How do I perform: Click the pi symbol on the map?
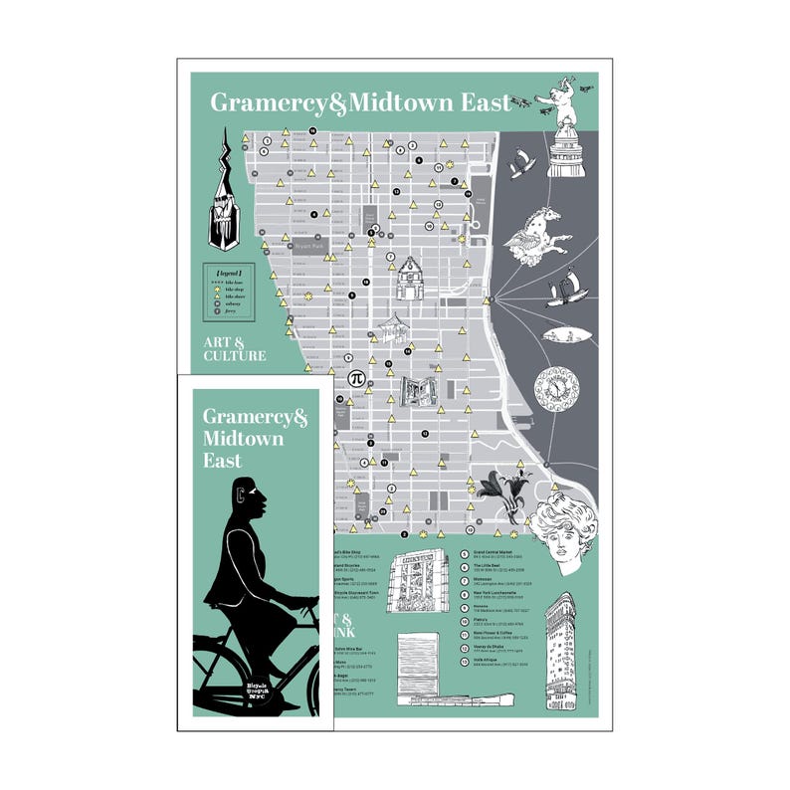coord(355,379)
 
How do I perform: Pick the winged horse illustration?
coord(537,230)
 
